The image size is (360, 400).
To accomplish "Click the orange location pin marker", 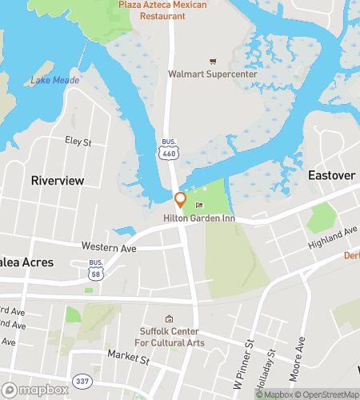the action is (x=181, y=200).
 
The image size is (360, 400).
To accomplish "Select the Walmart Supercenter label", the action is (x=212, y=74).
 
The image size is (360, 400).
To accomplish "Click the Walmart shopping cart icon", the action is (x=212, y=61).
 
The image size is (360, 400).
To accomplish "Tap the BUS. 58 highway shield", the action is (x=96, y=270).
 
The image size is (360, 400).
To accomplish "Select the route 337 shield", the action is (x=81, y=381).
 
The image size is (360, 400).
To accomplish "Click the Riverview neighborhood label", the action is (x=58, y=181).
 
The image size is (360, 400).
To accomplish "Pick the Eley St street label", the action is (x=78, y=142).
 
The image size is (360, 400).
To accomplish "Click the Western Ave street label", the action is (x=110, y=248).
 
